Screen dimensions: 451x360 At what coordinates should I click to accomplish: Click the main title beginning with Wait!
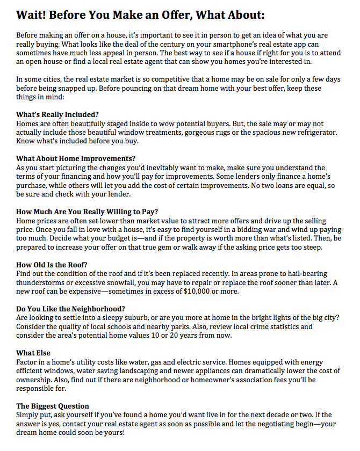tap(141, 14)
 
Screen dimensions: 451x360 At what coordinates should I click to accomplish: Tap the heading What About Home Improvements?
tap(76, 158)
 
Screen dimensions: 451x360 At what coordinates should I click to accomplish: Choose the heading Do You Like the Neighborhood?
tap(70, 309)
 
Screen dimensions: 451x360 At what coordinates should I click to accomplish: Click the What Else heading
tap(33, 353)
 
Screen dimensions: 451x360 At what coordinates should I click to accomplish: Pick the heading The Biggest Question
tap(53, 406)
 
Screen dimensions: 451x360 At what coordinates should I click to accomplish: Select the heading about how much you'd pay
tap(87, 212)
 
